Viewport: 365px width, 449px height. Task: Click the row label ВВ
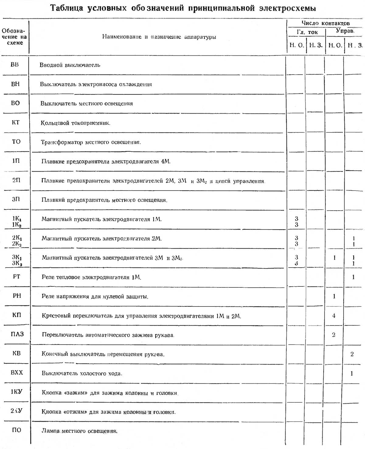(15, 65)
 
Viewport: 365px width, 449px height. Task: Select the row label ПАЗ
(17, 334)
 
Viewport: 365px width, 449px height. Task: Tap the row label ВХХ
(17, 373)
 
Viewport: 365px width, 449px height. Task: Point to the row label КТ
(16, 122)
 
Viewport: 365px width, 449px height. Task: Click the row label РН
(17, 296)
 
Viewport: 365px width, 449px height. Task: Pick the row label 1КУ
(17, 392)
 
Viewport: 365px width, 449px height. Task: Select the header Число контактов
(325, 23)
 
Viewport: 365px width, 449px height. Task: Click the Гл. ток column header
(307, 32)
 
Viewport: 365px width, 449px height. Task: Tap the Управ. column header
(345, 31)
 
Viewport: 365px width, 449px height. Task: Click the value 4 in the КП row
(334, 316)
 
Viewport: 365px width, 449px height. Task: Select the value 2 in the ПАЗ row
(334, 335)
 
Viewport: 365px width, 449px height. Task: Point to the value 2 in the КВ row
(352, 354)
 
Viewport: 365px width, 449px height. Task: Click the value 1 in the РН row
(334, 296)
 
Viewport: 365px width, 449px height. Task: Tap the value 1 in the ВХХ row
(352, 373)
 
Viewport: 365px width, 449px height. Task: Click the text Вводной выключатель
(70, 65)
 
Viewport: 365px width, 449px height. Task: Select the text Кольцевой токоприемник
(75, 123)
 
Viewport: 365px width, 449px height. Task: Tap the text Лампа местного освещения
(79, 431)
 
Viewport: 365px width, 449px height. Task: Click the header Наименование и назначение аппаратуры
(159, 37)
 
